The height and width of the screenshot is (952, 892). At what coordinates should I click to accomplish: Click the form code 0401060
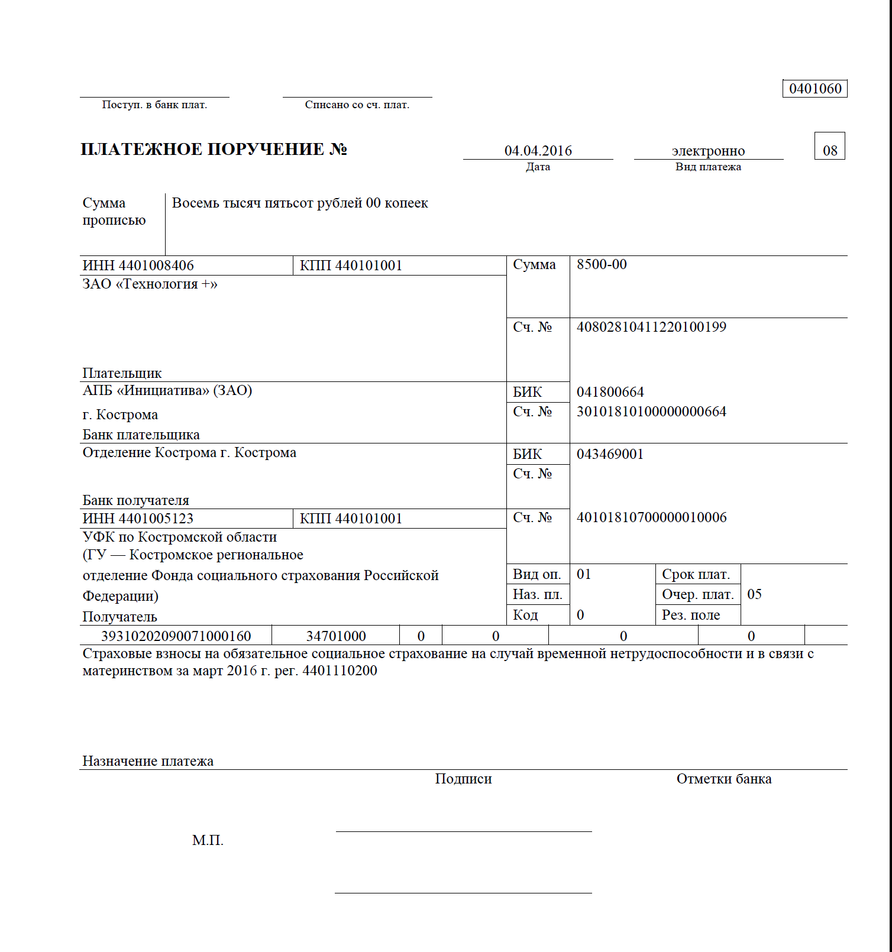pos(815,89)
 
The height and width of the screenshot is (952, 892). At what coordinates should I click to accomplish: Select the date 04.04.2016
pos(538,151)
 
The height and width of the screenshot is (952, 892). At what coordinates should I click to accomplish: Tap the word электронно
pos(708,151)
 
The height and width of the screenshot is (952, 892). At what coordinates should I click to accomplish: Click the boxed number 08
pos(830,150)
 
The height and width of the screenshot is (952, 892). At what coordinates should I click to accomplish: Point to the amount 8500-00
pos(602,264)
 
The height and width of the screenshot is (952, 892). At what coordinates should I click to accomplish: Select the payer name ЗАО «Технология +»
pos(150,284)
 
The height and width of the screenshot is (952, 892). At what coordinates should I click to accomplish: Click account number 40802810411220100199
pos(651,327)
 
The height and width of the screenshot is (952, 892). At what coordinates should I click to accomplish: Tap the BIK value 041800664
pos(610,392)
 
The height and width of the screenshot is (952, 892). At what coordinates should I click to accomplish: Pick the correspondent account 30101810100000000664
pos(651,412)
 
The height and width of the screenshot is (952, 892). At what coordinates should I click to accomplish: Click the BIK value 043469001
pos(610,454)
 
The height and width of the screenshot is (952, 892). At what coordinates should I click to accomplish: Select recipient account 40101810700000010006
pos(651,517)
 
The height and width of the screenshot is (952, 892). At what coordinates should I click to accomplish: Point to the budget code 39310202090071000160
pos(176,636)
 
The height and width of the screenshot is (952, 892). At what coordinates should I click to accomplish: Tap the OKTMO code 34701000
pos(336,636)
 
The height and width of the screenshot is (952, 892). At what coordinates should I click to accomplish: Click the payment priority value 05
pos(754,594)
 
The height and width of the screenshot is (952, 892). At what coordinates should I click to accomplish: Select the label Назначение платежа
pos(148,761)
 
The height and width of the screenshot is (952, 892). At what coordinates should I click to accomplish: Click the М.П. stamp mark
pos(208,840)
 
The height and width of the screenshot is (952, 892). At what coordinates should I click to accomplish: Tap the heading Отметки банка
pos(723,779)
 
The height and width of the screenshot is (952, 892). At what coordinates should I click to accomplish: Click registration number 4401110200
pos(340,671)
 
